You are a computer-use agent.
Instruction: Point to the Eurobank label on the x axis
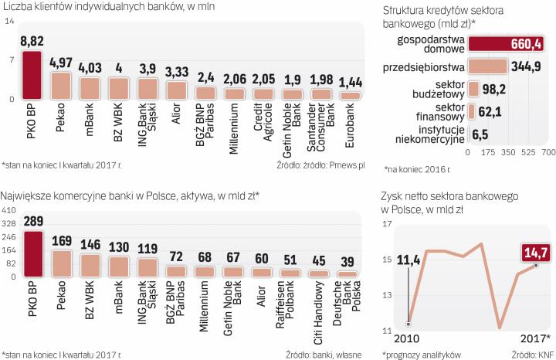pyautogui.click(x=351, y=123)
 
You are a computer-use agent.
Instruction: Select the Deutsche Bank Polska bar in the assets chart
pyautogui.click(x=349, y=273)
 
